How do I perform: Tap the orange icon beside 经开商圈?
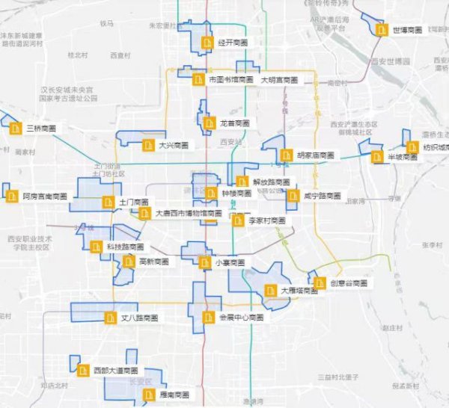pyautogui.click(x=207, y=43)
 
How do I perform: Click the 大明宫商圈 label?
pyautogui.click(x=279, y=79)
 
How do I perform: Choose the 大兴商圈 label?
pyautogui.click(x=173, y=145)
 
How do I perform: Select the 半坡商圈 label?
pyautogui.click(x=401, y=157)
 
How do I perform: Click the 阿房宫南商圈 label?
pyautogui.click(x=44, y=197)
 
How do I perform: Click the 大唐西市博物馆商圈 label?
pyautogui.click(x=188, y=213)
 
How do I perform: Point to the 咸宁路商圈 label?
pyautogui.click(x=323, y=196)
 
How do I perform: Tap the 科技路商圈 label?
pyautogui.click(x=124, y=247)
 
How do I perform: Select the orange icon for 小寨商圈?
pyautogui.click(x=205, y=262)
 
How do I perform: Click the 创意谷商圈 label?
pyautogui.click(x=349, y=283)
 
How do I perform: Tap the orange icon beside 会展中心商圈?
pyautogui.click(x=209, y=317)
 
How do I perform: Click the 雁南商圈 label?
pyautogui.click(x=174, y=394)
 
